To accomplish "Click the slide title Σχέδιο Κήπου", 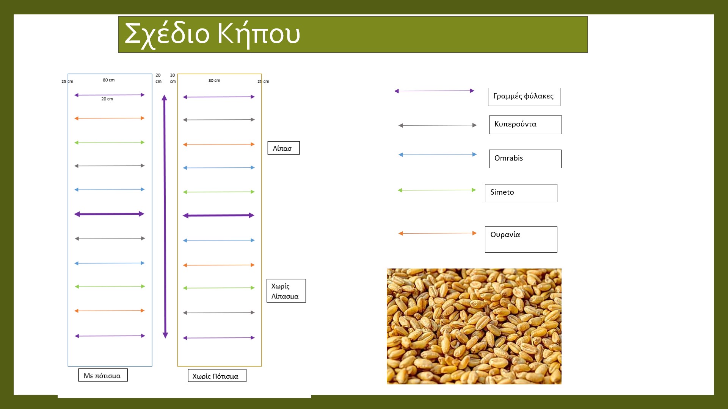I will (x=212, y=34).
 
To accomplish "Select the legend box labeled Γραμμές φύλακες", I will (x=524, y=97).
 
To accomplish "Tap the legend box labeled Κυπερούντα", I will (x=525, y=125).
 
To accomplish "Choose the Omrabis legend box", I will (x=525, y=159).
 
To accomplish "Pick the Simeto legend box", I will (x=521, y=193).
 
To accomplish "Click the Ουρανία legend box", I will (x=521, y=239).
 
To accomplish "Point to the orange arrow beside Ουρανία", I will (x=438, y=233).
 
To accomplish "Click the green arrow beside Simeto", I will (x=436, y=190).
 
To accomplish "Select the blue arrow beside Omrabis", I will (x=438, y=155).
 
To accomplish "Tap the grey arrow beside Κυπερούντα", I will (x=438, y=125).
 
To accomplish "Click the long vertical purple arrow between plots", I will (x=165, y=216).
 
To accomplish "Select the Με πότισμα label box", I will (x=103, y=375).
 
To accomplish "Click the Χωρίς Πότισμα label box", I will (x=217, y=376).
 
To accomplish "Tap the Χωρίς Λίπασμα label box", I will (x=286, y=291).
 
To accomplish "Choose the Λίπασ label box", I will (x=283, y=148).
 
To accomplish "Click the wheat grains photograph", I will (x=474, y=326).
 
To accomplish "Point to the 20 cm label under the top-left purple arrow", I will (x=107, y=99).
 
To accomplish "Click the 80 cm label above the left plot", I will (x=108, y=80).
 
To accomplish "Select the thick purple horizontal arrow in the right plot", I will (x=218, y=215).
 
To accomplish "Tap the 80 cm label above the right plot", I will (x=214, y=81).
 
